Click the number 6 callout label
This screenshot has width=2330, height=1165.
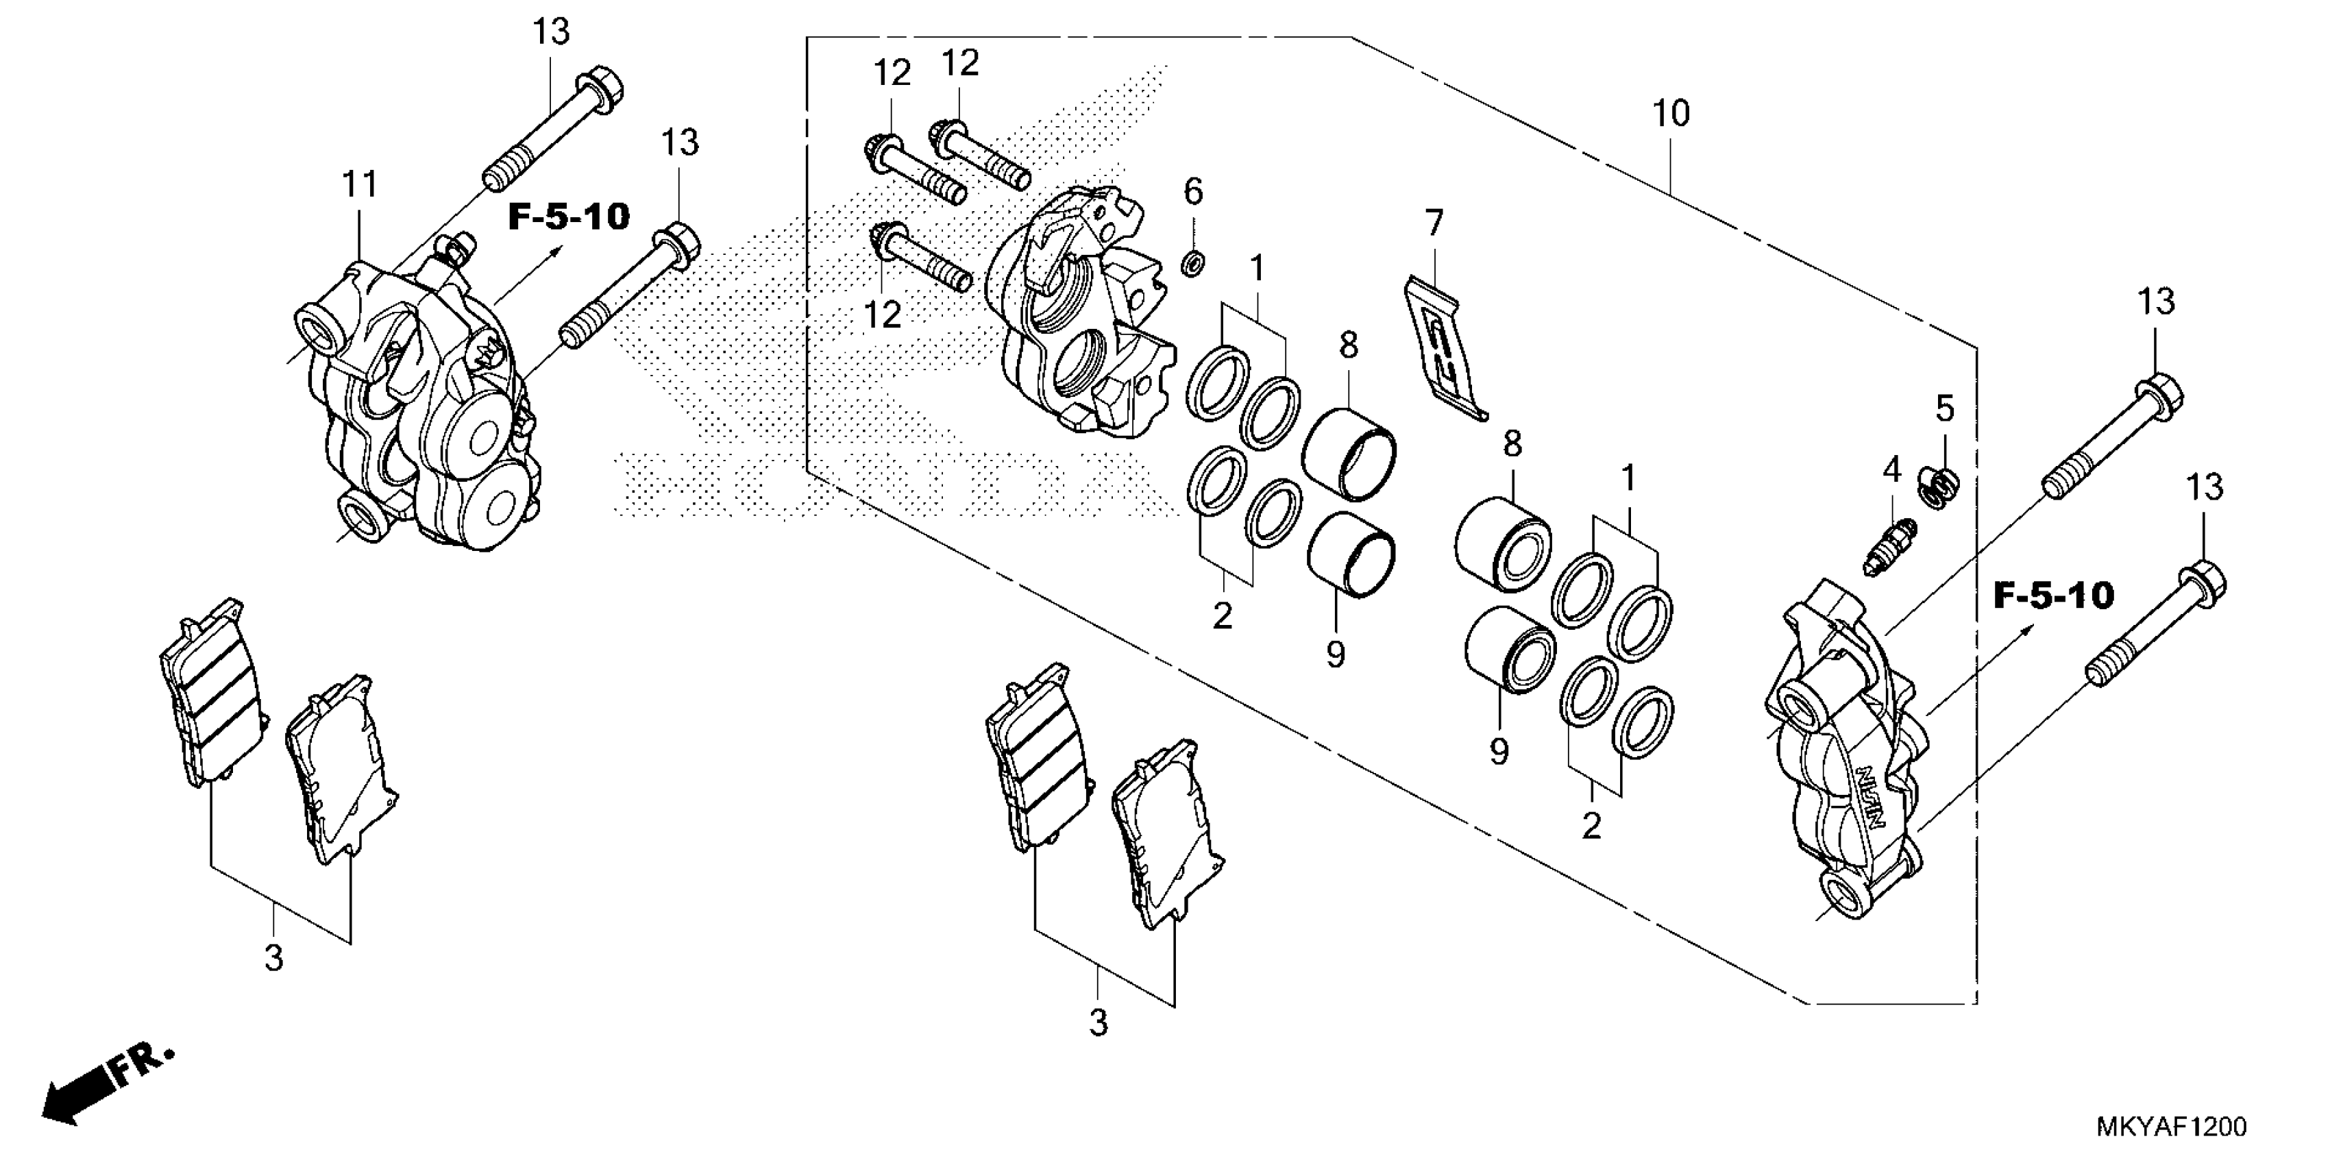click(x=1193, y=192)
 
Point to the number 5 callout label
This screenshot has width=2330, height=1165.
click(x=1945, y=410)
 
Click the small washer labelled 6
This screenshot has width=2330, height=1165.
click(x=1194, y=264)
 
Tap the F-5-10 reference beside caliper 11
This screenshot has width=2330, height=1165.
click(x=568, y=217)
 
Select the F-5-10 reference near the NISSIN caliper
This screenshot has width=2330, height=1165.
click(x=2053, y=595)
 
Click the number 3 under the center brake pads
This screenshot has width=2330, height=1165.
click(x=1097, y=1023)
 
